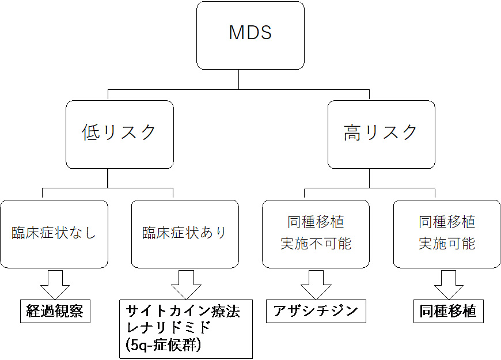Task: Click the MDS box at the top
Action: pos(250,35)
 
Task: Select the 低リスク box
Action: pos(119,134)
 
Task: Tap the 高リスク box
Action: pos(381,134)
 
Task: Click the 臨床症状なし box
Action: pos(54,233)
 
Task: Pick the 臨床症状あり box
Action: pos(185,233)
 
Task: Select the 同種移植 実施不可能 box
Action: pos(316,233)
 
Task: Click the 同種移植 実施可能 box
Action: pos(447,233)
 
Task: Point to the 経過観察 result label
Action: pos(55,312)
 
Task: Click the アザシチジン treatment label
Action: pos(316,312)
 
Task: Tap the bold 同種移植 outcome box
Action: pos(448,312)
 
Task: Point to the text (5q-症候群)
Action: pos(162,346)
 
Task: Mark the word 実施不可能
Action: pos(316,244)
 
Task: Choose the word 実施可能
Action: pos(447,244)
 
